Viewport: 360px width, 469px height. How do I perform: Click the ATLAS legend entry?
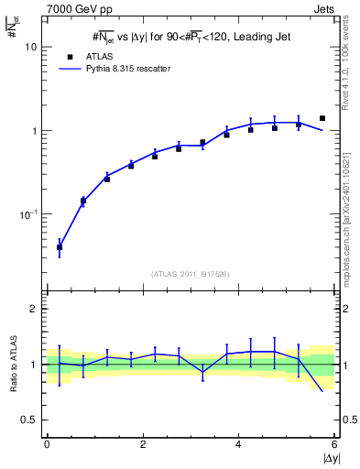click(93, 56)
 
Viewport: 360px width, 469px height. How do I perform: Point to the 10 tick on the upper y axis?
click(30, 47)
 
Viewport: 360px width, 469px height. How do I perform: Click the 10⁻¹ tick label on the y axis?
click(27, 214)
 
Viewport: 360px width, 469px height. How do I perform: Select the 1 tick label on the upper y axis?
click(33, 131)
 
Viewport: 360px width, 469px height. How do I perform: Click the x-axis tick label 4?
click(238, 444)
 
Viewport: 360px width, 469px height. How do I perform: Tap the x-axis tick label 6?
click(333, 444)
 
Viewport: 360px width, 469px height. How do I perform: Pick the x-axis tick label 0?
click(47, 444)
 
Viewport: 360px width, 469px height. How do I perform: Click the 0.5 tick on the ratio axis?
click(28, 420)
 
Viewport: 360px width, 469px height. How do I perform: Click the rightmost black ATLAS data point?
click(322, 118)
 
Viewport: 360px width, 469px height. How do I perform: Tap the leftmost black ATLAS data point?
click(60, 247)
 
